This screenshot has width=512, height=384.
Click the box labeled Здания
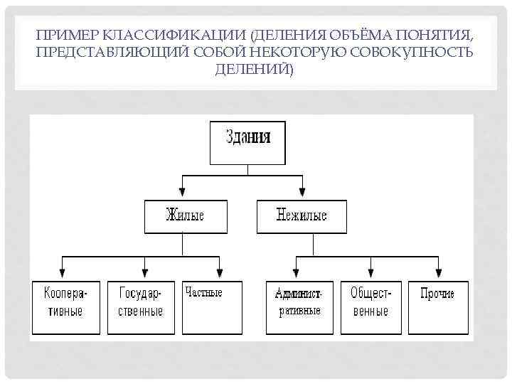247,143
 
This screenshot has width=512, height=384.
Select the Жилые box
185,217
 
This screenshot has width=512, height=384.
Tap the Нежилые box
302,217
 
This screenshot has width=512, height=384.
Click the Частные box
212,307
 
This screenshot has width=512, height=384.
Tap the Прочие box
438,307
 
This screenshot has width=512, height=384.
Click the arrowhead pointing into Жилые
183,192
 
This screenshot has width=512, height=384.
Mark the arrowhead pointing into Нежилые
302,192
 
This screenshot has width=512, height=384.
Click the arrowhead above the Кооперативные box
63,272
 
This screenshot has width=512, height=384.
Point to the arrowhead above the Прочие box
439,272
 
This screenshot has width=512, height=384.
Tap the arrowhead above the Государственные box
145,272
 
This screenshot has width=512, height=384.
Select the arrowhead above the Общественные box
371,272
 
